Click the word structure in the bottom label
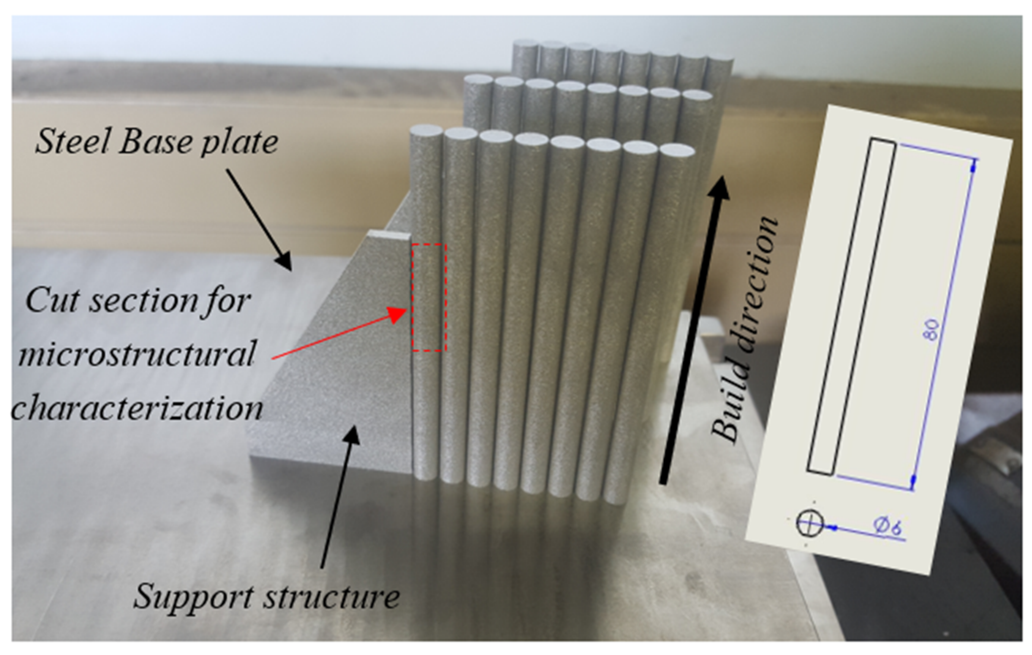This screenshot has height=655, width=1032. (x=332, y=596)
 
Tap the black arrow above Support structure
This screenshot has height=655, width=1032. (x=339, y=493)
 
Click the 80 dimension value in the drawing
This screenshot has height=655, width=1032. (x=933, y=330)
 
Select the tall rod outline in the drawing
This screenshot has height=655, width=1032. (x=851, y=307)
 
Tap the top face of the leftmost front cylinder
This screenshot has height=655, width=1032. (x=427, y=131)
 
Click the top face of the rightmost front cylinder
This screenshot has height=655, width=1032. (x=676, y=150)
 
